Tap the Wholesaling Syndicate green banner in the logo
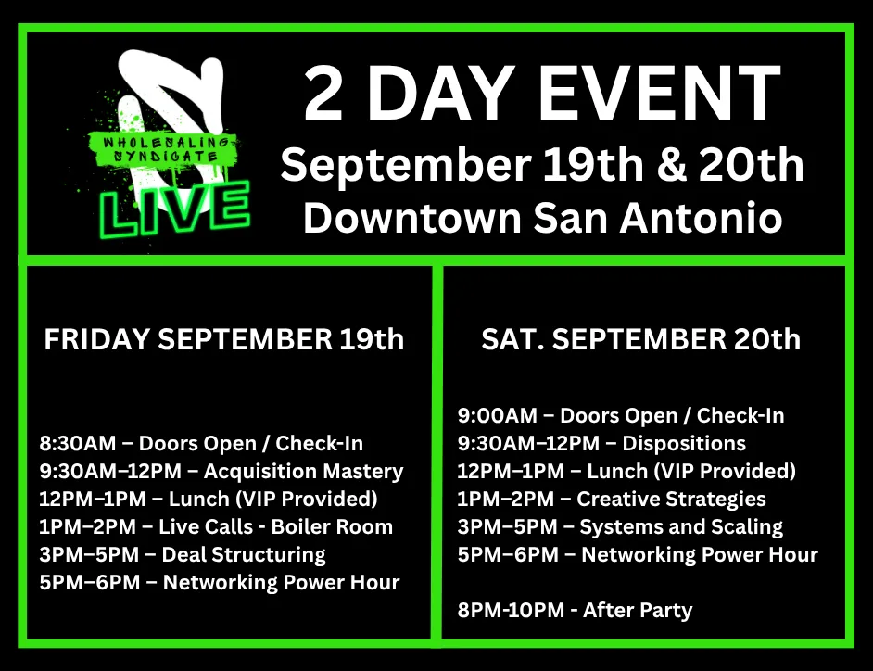164,149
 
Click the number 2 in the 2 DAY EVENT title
323,93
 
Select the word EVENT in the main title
659,93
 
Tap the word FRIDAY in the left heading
97,339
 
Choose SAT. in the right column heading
512,339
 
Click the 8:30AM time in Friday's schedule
78,443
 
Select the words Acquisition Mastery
303,472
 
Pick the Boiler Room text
332,526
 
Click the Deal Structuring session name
244,555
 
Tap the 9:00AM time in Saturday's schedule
498,415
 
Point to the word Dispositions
684,444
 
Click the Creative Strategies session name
671,500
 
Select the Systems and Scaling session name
681,527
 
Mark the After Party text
638,611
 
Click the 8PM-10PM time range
512,611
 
